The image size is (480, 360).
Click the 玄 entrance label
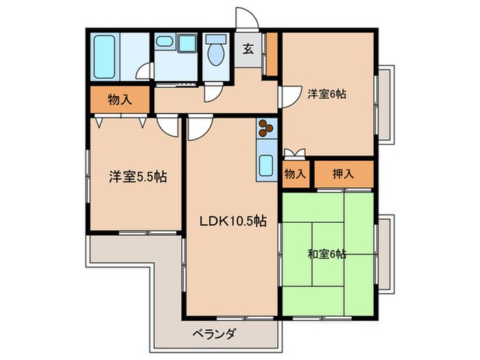[x=248, y=48]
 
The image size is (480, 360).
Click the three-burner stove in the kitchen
[x=265, y=127]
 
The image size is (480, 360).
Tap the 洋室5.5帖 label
[x=137, y=177]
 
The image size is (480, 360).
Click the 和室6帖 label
[x=326, y=254]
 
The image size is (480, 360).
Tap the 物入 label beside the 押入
[x=296, y=173]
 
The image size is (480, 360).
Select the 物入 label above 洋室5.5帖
[x=119, y=100]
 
